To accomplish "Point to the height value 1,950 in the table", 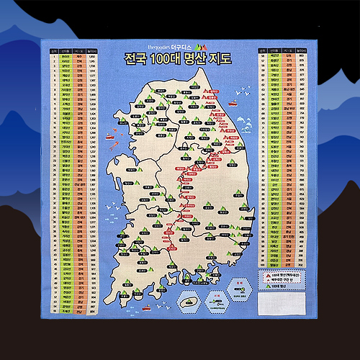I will click(x=93, y=59).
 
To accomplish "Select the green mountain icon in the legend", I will click(x=264, y=287).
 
